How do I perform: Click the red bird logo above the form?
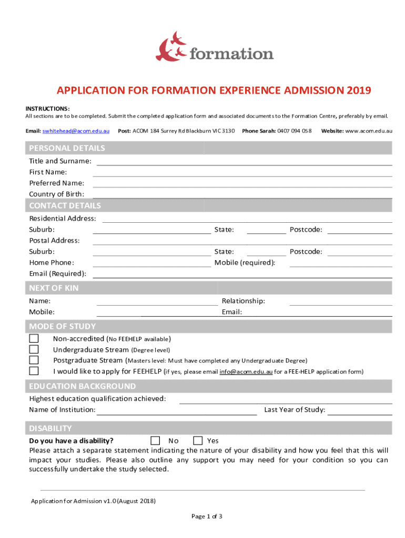click(171, 46)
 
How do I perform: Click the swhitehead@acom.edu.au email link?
click(76, 130)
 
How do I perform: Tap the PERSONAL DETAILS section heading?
click(67, 148)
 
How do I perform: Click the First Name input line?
click(242, 172)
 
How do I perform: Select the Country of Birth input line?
click(242, 194)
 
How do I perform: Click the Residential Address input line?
click(247, 219)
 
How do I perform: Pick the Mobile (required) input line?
click(340, 263)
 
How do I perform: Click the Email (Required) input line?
click(242, 274)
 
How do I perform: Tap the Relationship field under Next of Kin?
click(340, 302)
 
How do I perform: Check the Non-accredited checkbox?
click(34, 339)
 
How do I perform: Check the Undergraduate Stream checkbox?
click(34, 349)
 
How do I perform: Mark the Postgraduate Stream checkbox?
click(34, 360)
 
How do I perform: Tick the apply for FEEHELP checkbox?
click(34, 371)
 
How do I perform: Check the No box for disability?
click(155, 440)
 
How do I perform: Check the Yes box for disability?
click(198, 440)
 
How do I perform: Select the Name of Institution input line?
click(176, 410)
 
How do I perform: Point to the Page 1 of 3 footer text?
click(207, 516)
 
